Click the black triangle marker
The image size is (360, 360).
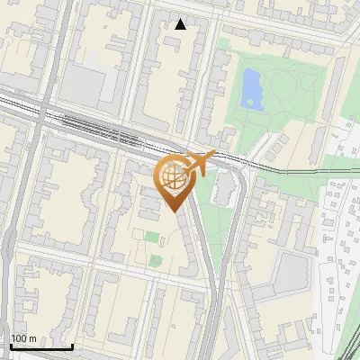pyautogui.click(x=181, y=23)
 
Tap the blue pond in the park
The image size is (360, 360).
pyautogui.click(x=252, y=90)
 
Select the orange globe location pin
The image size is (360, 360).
pyautogui.click(x=175, y=180)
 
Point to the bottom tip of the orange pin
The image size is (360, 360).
pyautogui.click(x=175, y=212)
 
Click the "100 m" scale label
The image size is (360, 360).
pyautogui.click(x=23, y=338)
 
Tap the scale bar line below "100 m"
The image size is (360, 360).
pyautogui.click(x=40, y=347)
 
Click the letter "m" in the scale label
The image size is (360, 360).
pyautogui.click(x=32, y=338)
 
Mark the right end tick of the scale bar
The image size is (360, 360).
pyautogui.click(x=72, y=346)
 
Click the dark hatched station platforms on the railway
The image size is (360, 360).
pyautogui.click(x=108, y=130)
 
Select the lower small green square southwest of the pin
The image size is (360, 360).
pyautogui.click(x=156, y=261)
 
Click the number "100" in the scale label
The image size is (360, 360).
pyautogui.click(x=19, y=338)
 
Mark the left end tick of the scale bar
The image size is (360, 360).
pyautogui.click(x=10, y=346)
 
